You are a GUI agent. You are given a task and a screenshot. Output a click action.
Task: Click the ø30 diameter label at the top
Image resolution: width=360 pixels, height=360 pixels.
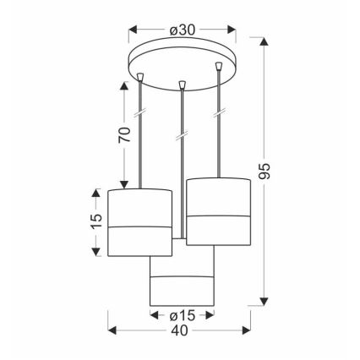[x=183, y=30]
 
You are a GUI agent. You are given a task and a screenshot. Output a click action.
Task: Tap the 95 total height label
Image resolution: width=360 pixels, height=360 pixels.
[x=265, y=171]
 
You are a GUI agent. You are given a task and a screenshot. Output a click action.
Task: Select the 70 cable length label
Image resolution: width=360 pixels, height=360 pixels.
[x=125, y=134]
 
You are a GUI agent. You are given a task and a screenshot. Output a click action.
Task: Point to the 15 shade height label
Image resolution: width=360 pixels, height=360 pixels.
[x=96, y=221]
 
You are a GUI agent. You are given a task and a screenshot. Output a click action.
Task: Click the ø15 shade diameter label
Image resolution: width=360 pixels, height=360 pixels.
[x=183, y=316]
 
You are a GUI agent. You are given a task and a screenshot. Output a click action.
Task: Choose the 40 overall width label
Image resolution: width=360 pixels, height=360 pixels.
[x=179, y=330]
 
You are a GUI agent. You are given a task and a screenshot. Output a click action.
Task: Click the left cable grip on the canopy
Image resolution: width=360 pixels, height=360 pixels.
[x=140, y=77]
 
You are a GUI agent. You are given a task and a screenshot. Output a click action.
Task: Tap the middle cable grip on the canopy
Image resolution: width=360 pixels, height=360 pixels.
[x=183, y=85]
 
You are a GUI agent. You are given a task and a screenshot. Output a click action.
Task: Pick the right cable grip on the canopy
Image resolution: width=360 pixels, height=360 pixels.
[x=218, y=67]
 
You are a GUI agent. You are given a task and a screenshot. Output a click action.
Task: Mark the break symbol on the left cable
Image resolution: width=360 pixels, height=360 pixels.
[x=140, y=112]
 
